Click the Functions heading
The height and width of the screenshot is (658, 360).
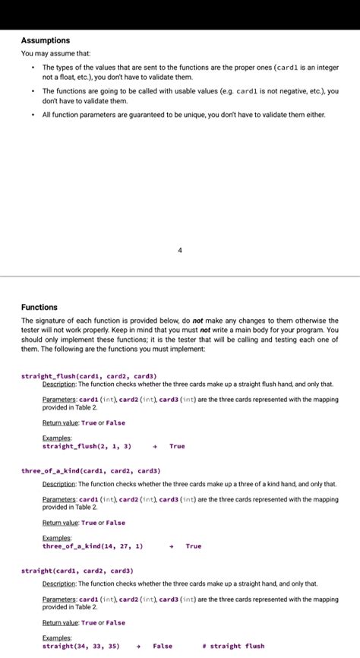39,307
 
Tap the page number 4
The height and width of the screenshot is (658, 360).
180,249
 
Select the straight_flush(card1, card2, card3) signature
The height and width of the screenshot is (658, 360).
88,375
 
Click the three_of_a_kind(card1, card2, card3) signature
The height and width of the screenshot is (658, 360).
90,471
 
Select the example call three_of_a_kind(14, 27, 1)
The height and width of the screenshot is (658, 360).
92,546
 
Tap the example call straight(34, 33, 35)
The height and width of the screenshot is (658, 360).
81,646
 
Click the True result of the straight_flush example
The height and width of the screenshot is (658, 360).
177,446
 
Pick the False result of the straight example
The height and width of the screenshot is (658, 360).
163,646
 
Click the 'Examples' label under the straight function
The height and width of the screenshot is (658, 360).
57,637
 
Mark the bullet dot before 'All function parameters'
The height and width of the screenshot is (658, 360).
33,115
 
